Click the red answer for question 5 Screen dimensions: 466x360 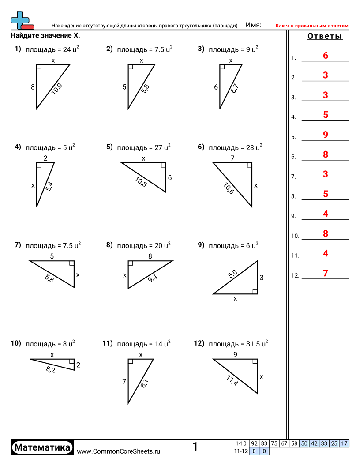tap(326, 135)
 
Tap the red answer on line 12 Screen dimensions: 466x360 tap(326, 273)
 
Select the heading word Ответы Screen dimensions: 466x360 tap(325, 36)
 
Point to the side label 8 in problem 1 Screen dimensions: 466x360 tap(33, 87)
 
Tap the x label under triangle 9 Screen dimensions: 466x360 tap(235, 299)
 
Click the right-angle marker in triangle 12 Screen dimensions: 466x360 tap(255, 362)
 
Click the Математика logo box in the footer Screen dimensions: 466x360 tap(42, 447)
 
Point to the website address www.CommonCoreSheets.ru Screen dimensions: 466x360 tap(118, 451)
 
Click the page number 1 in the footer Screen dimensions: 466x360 tap(195, 447)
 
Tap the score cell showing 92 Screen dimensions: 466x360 tap(254, 443)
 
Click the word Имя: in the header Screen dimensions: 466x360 tap(254, 25)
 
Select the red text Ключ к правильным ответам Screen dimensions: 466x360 tap(311, 26)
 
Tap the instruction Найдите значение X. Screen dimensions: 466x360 tap(45, 35)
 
